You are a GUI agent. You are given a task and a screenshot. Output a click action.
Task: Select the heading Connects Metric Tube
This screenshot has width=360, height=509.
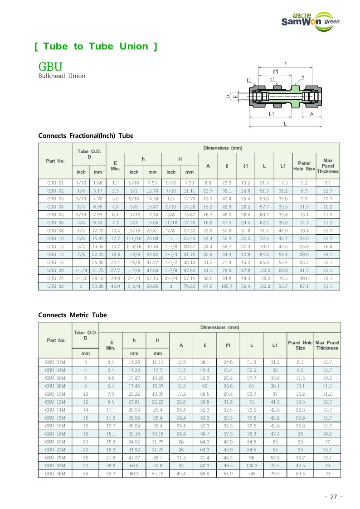[x=73, y=315]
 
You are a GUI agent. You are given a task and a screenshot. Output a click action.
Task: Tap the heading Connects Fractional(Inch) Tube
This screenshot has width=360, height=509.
[x=86, y=136]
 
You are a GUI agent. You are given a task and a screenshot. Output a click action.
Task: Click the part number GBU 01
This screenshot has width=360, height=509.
[x=55, y=183]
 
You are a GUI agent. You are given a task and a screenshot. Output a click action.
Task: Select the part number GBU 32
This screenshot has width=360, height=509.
[x=55, y=286]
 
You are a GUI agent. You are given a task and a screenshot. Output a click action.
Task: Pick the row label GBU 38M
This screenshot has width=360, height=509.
[x=55, y=474]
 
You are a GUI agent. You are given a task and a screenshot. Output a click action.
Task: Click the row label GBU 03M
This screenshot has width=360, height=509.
[x=55, y=362]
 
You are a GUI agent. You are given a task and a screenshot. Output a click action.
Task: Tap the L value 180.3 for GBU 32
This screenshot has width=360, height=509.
[x=264, y=286]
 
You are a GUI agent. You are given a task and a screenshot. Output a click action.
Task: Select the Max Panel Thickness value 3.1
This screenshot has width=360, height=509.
[x=328, y=183]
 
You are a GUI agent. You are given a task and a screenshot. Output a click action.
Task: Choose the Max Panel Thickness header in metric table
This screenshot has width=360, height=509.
[x=327, y=345]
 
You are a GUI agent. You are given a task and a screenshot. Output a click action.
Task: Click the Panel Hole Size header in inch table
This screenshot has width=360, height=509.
[x=304, y=166]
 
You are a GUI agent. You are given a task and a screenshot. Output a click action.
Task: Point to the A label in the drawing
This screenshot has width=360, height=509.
[x=311, y=114]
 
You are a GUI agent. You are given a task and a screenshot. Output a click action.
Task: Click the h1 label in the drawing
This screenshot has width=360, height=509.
[x=272, y=78]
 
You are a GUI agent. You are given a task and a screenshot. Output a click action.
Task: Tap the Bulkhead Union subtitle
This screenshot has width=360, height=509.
[x=62, y=76]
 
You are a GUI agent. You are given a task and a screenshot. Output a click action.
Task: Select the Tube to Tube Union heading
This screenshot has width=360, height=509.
[x=96, y=46]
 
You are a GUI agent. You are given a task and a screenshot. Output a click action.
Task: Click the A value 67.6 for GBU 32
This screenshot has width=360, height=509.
[x=208, y=286]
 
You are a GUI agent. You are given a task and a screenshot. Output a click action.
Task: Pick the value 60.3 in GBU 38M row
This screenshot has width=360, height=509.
[x=134, y=474]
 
